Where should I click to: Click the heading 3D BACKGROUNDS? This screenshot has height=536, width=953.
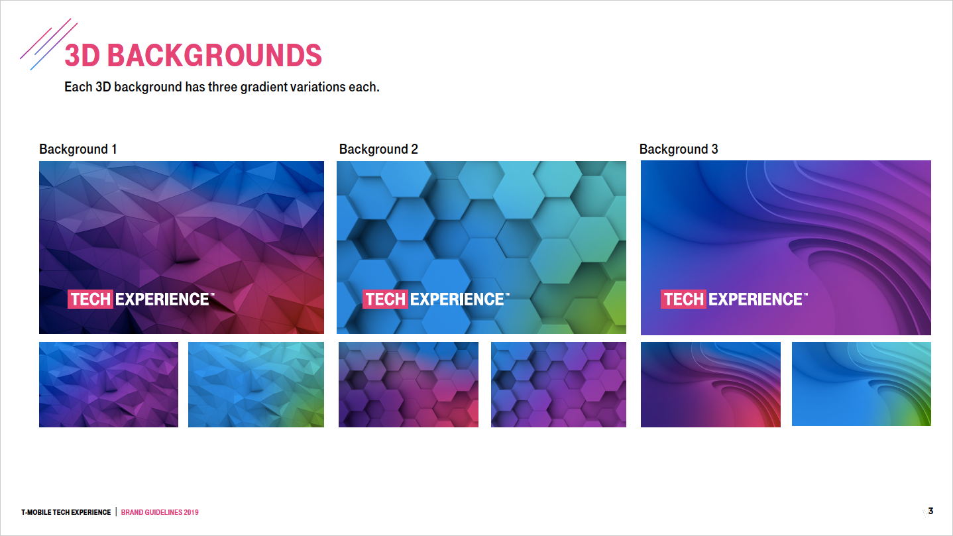pyautogui.click(x=193, y=55)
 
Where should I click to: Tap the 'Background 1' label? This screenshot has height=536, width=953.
pyautogui.click(x=78, y=149)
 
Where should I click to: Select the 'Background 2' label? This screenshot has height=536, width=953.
pyautogui.click(x=378, y=149)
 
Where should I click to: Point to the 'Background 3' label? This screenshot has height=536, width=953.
pyautogui.click(x=679, y=149)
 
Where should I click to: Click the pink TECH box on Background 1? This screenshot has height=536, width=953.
pyautogui.click(x=90, y=299)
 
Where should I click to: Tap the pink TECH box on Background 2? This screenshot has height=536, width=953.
pyautogui.click(x=385, y=299)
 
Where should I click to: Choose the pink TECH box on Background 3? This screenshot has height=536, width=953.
pyautogui.click(x=683, y=299)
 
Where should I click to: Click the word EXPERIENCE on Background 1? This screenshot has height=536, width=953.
pyautogui.click(x=162, y=299)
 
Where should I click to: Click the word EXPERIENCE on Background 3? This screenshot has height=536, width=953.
pyautogui.click(x=755, y=299)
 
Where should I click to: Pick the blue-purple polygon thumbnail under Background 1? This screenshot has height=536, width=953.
pyautogui.click(x=109, y=384)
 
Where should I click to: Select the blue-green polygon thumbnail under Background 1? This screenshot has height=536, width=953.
pyautogui.click(x=256, y=384)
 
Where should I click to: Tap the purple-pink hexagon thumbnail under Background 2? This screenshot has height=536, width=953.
pyautogui.click(x=408, y=384)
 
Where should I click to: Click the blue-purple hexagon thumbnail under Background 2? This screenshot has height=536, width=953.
pyautogui.click(x=559, y=384)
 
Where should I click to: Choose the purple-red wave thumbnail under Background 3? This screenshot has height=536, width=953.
pyautogui.click(x=710, y=384)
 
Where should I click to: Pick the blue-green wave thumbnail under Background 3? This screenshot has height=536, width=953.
pyautogui.click(x=861, y=384)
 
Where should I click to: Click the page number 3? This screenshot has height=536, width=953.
pyautogui.click(x=930, y=511)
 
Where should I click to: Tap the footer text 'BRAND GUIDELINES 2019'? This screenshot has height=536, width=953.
pyautogui.click(x=160, y=512)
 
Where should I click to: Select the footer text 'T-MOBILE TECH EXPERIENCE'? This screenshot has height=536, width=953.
pyautogui.click(x=66, y=512)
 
